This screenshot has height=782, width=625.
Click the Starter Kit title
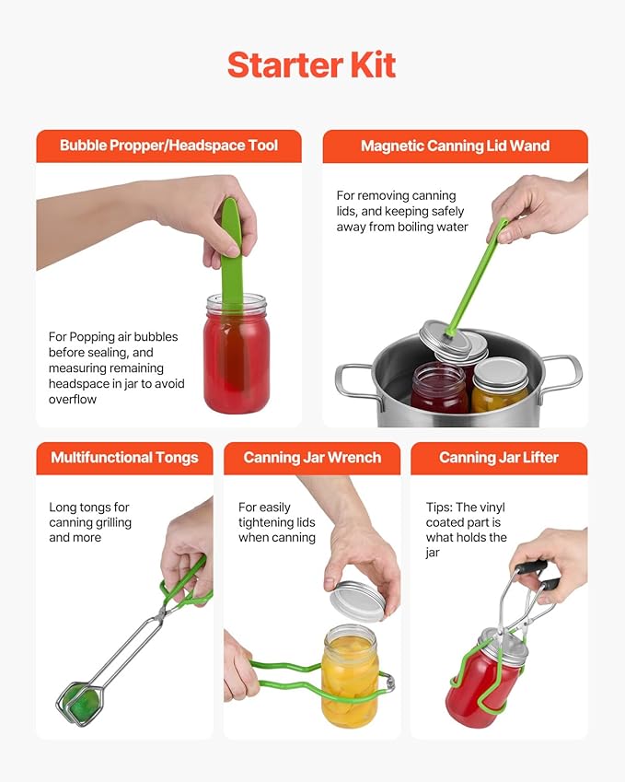(x=311, y=65)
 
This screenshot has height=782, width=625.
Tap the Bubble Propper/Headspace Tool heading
(x=168, y=146)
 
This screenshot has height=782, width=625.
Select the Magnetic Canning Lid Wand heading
(x=455, y=146)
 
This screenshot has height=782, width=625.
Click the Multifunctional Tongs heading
(x=124, y=458)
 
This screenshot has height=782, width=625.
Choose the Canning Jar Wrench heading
(x=311, y=458)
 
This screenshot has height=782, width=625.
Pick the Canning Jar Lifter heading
(x=498, y=458)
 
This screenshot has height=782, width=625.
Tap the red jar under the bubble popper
(x=237, y=359)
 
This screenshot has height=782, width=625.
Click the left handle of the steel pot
(x=354, y=379)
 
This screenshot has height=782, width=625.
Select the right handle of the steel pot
(x=562, y=373)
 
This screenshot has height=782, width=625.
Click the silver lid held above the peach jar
(x=357, y=601)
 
